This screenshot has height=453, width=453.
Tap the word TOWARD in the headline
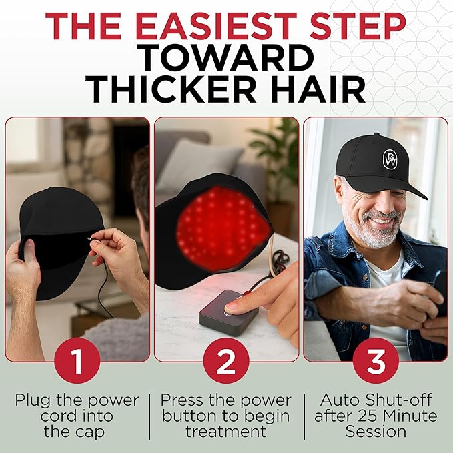coord(227,58)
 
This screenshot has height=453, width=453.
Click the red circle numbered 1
coord(77,364)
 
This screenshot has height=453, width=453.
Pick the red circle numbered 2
coord(226,364)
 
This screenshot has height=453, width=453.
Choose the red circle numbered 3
coord(376,364)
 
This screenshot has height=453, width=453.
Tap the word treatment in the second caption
coord(226,432)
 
